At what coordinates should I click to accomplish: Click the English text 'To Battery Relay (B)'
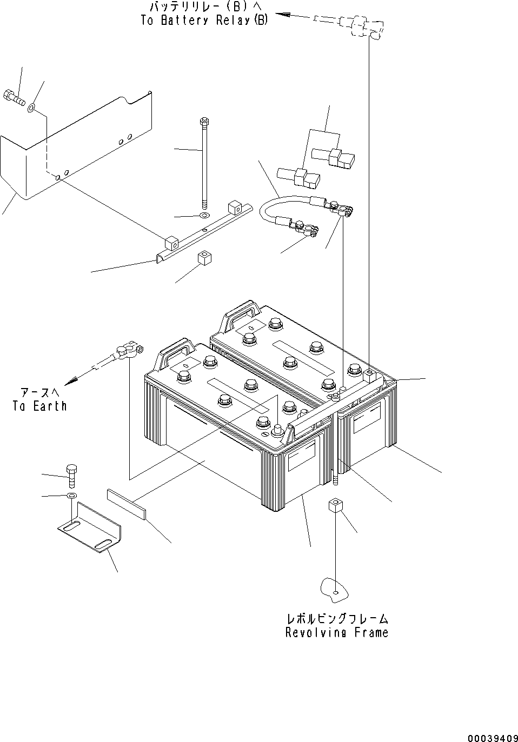pos(204,21)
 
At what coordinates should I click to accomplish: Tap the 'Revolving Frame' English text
pos(336,632)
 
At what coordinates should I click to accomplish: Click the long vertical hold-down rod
pos(205,162)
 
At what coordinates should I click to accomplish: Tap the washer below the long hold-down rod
pos(204,216)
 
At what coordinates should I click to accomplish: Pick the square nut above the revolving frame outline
pos(335,508)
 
